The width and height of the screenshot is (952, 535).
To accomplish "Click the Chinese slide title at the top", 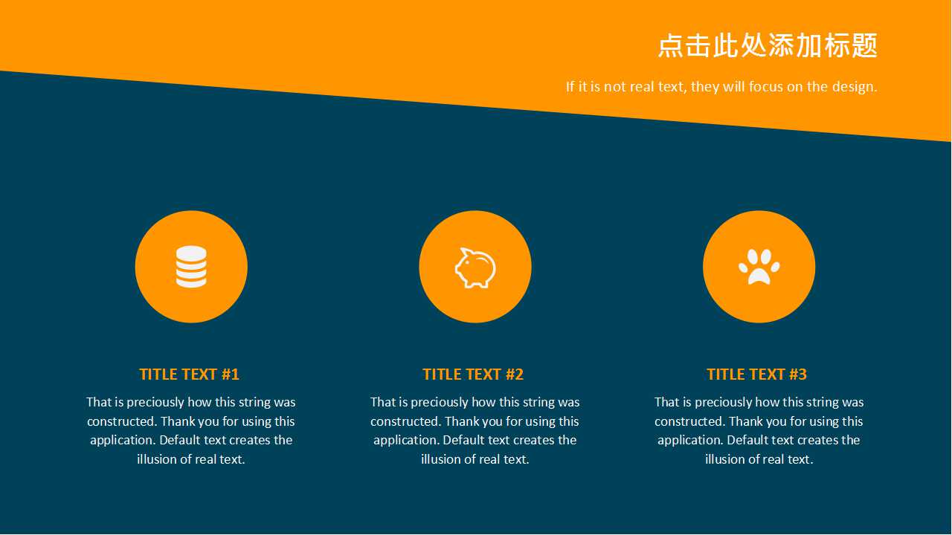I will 768,46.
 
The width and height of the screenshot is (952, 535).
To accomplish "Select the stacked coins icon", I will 191,267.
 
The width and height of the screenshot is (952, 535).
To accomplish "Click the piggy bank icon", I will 475,267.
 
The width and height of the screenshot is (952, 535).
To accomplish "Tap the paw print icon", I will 759,267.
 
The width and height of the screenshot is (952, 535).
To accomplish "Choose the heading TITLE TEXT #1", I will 189,374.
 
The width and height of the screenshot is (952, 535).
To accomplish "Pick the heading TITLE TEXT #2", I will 473,374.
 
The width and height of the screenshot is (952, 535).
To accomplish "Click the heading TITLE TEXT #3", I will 756,374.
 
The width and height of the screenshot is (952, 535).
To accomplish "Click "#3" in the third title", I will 797,374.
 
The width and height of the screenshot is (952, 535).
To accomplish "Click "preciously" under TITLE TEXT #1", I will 155,403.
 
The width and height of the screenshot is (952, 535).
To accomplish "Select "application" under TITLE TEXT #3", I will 689,441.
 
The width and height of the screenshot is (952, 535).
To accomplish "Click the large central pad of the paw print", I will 759,276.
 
